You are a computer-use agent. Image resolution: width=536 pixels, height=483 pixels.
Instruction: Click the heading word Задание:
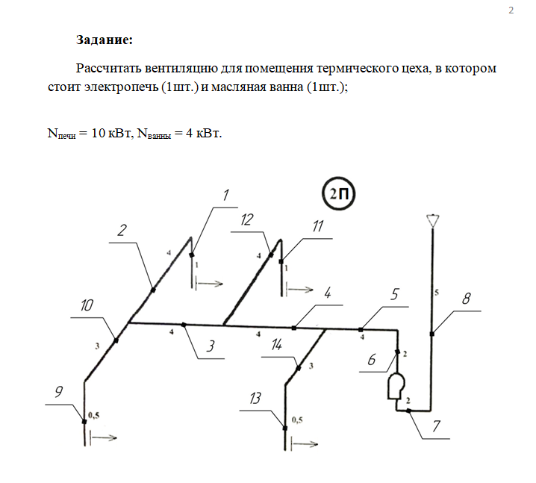[x=104, y=39]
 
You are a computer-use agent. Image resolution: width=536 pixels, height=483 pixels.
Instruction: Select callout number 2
[x=122, y=230]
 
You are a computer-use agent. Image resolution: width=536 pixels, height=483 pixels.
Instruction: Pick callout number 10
[x=87, y=305]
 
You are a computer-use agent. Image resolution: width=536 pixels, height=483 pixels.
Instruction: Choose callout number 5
[x=395, y=293]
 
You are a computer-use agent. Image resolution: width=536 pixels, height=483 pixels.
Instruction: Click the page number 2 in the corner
[x=511, y=10]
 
